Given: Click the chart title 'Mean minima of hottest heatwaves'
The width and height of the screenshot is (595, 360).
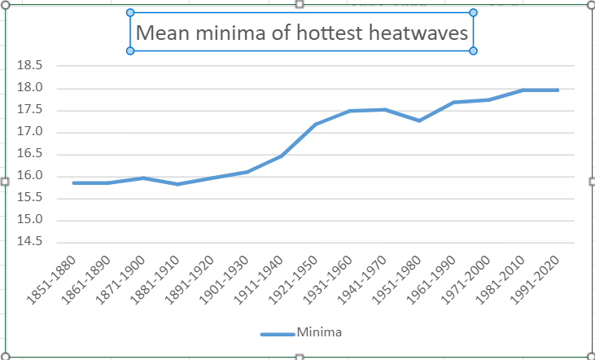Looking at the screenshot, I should click(301, 33).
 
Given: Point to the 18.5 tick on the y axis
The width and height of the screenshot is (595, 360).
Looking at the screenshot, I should click(29, 67).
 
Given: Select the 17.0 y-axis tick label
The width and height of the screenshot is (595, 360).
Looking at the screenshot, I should click(29, 133).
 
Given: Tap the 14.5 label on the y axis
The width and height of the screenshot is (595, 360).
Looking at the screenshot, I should click(29, 242).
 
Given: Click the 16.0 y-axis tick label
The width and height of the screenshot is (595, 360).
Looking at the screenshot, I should click(29, 177).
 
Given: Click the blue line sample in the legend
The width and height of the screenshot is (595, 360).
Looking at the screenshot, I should click(278, 333).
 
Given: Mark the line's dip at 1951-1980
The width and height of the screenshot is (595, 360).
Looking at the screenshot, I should click(418, 121).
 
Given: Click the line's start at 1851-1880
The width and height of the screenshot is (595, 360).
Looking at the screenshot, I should click(73, 183).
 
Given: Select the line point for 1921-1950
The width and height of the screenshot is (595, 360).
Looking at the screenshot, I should click(315, 125).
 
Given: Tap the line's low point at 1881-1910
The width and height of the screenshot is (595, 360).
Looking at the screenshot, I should click(177, 184).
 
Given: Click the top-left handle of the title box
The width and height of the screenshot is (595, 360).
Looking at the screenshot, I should click(130, 12).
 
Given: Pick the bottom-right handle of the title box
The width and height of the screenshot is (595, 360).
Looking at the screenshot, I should click(474, 51).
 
